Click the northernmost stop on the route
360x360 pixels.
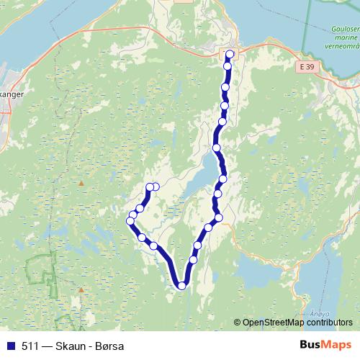coord(230,54)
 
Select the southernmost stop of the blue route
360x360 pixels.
coord(181,286)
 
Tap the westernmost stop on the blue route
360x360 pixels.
coord(130,220)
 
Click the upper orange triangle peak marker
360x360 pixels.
coord(81,183)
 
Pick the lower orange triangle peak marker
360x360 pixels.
coord(81,290)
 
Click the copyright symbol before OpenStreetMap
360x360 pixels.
coord(238,323)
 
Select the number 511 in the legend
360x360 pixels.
coord(30,345)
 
